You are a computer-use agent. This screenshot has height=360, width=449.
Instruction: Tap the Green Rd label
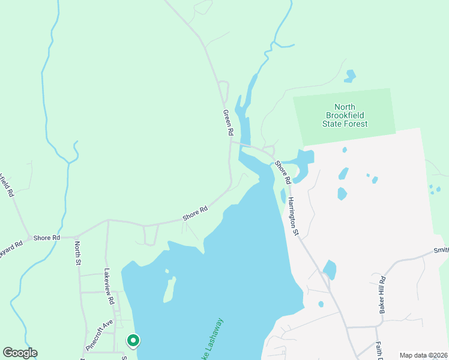(228, 122)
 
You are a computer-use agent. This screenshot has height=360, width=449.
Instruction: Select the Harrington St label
(292, 216)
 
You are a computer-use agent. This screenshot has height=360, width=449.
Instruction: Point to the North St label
(77, 253)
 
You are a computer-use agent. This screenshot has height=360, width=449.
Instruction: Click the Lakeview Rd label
(108, 283)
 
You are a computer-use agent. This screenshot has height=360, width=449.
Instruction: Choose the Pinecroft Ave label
(99, 335)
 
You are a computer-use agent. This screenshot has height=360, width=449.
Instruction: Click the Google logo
(20, 353)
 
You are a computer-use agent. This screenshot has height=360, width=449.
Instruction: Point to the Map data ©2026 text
(423, 355)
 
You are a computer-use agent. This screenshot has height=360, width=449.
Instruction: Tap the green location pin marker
(133, 341)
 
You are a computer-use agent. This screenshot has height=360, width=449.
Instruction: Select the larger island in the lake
(169, 290)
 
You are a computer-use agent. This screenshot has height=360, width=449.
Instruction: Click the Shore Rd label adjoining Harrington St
(283, 172)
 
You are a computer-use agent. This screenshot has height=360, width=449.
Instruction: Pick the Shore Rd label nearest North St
(47, 238)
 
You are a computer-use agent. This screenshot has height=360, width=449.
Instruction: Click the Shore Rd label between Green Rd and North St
(195, 212)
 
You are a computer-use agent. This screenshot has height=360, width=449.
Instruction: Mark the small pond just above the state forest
(349, 76)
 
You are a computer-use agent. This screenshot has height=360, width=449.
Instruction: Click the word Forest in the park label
(355, 124)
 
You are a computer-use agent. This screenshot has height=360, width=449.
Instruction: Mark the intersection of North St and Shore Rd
(77, 236)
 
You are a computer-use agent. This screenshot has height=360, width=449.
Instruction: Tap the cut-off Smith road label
(441, 250)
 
